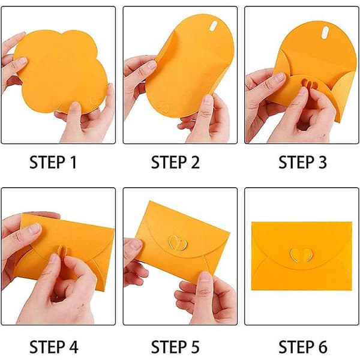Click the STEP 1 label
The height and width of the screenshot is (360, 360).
point(53,163)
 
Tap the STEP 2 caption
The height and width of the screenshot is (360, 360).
point(175,163)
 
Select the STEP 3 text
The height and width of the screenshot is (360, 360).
point(302,163)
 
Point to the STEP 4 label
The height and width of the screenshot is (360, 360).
point(54,347)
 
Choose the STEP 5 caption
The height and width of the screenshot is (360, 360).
point(175,347)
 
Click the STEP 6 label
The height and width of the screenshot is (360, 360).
point(303,347)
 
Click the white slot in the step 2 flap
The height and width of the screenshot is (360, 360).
point(213,25)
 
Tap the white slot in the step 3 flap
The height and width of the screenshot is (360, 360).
point(325,33)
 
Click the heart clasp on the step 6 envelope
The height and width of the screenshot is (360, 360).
point(301,255)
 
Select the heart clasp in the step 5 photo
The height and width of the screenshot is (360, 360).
point(178,242)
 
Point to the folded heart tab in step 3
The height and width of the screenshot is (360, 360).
point(309,84)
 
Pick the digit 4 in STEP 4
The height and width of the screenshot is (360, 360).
point(73,347)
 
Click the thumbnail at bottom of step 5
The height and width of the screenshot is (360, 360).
point(205,277)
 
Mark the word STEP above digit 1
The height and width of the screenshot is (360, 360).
point(47,163)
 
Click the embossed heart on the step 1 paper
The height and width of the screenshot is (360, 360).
point(96,100)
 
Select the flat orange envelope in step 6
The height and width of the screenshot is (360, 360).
point(301,256)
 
